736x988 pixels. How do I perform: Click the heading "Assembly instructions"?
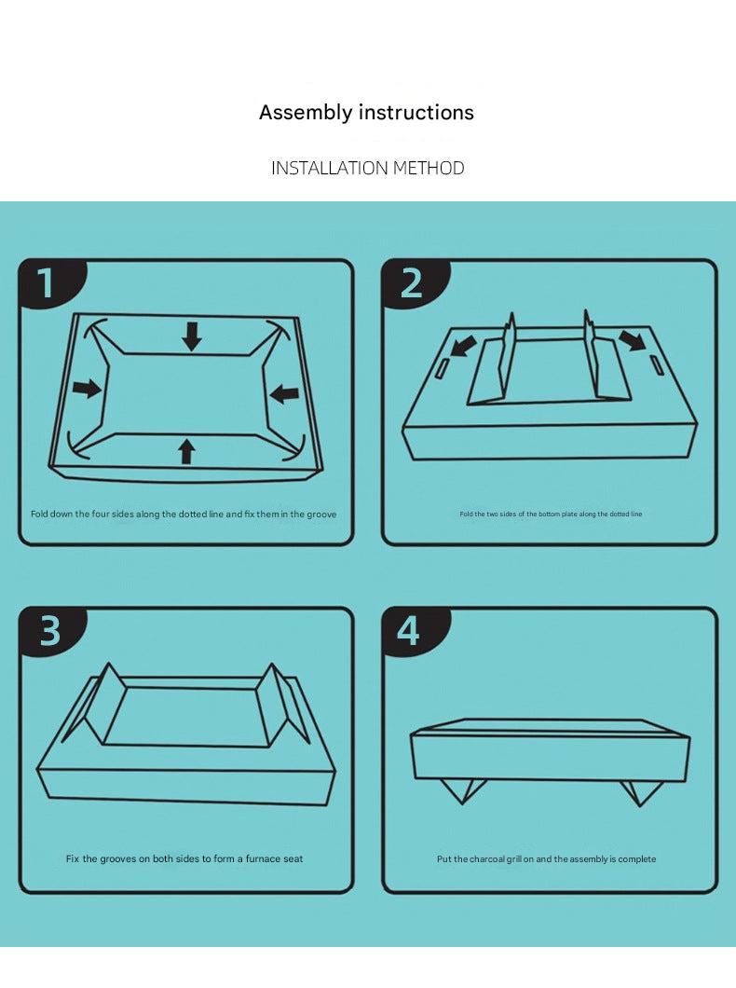pyautogui.click(x=366, y=113)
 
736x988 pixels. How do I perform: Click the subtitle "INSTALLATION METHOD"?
pyautogui.click(x=367, y=169)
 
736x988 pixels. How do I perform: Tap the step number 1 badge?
pyautogui.click(x=47, y=283)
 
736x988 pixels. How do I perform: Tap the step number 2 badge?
pyautogui.click(x=411, y=283)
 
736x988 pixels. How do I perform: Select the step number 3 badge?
pyautogui.click(x=49, y=631)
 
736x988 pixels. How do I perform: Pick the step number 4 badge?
pyautogui.click(x=409, y=631)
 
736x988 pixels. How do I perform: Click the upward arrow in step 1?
pyautogui.click(x=187, y=451)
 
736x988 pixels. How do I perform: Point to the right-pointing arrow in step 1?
pyautogui.click(x=87, y=388)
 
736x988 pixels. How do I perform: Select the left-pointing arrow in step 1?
pyautogui.click(x=284, y=394)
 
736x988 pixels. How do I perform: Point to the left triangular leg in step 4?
pyautogui.click(x=463, y=789)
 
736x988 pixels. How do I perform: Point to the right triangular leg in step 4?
pyautogui.click(x=641, y=791)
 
